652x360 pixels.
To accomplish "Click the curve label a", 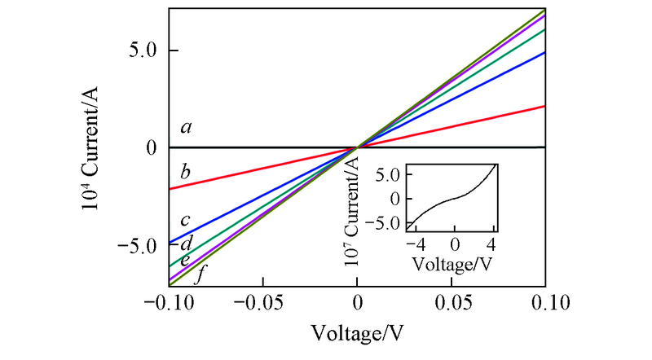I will (187, 127).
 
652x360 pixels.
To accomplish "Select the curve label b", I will (186, 172).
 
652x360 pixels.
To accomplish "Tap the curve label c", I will (186, 220).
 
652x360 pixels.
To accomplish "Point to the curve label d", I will (186, 243).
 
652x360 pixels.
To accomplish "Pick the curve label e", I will (185, 260).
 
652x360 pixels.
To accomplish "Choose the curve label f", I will (199, 274).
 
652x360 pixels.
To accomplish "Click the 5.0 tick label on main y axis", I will (143, 50).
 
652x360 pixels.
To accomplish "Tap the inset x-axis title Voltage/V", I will (453, 264).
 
